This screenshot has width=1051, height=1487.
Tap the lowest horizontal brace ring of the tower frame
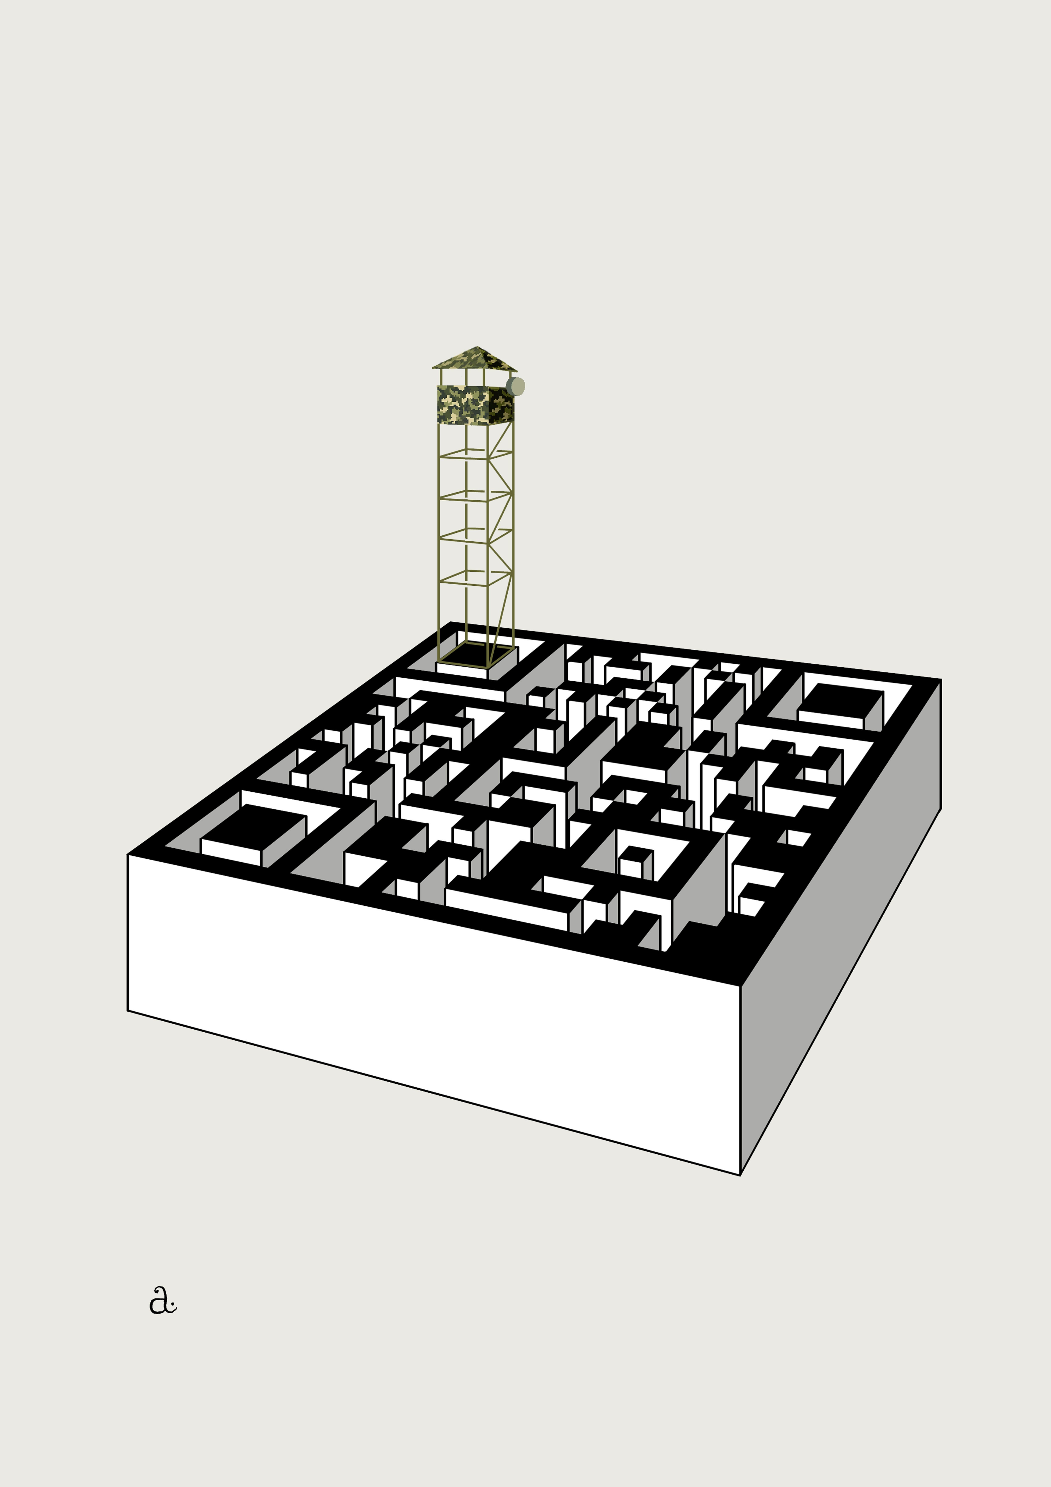[x=476, y=578]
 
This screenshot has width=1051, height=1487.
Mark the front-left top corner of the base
[x=128, y=855]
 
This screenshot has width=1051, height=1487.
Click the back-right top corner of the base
[x=940, y=680]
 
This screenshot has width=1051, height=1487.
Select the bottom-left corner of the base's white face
[x=128, y=1010]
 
